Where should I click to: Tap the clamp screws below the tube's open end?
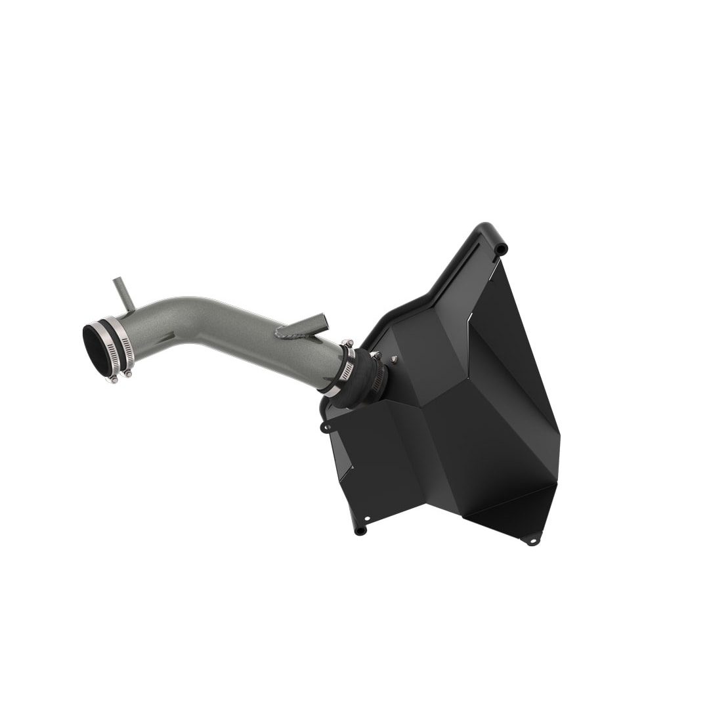pyautogui.click(x=119, y=376)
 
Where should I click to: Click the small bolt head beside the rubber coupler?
pyautogui.click(x=394, y=359)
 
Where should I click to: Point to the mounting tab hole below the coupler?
pyautogui.click(x=325, y=428)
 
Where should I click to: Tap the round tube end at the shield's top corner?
pyautogui.click(x=501, y=249)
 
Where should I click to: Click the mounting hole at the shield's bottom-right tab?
pyautogui.click(x=532, y=541)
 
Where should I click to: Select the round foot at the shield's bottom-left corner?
pyautogui.click(x=360, y=530)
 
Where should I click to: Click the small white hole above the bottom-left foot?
pyautogui.click(x=366, y=518)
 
